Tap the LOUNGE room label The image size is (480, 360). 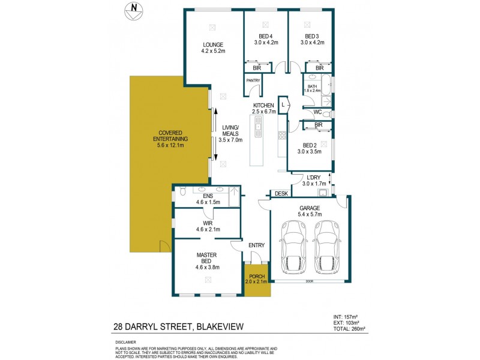[x=212, y=44]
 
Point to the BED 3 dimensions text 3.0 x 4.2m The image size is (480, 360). [x=311, y=43]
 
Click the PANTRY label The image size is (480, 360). [x=253, y=80]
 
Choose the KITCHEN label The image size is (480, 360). [x=263, y=105]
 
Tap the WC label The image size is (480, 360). [x=317, y=112]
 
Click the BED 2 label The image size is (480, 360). [x=310, y=145]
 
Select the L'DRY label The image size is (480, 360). [x=313, y=178]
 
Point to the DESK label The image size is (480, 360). [x=281, y=194]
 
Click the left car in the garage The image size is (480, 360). [x=293, y=246]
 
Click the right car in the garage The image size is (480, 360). [x=326, y=246]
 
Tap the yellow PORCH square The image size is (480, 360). [x=257, y=280]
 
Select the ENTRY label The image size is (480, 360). [x=256, y=244]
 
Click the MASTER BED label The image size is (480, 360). [x=206, y=259]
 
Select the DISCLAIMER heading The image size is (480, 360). [x=127, y=342]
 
